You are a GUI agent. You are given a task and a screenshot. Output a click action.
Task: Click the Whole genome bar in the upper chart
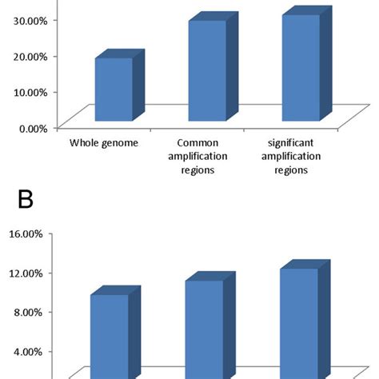pyautogui.click(x=114, y=92)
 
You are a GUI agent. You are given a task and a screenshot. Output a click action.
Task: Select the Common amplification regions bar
pyautogui.click(x=207, y=74)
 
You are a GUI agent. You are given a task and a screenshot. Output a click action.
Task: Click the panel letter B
pyautogui.click(x=26, y=199)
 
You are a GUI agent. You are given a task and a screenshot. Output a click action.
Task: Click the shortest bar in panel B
pyautogui.click(x=110, y=336)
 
